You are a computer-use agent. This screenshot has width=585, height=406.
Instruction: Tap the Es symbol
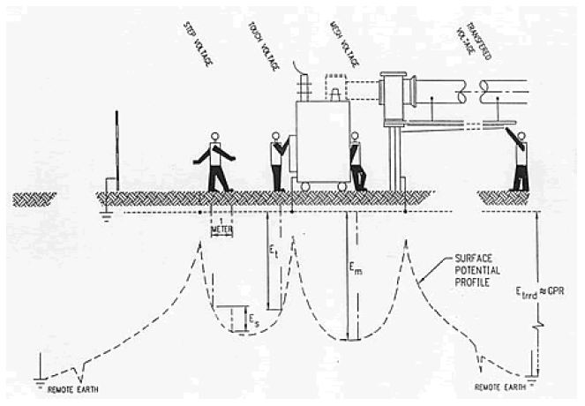[x=251, y=313]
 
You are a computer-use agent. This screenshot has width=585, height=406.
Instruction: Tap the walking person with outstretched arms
[x=214, y=162]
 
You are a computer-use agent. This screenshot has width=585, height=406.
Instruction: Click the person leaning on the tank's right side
[x=357, y=162]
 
